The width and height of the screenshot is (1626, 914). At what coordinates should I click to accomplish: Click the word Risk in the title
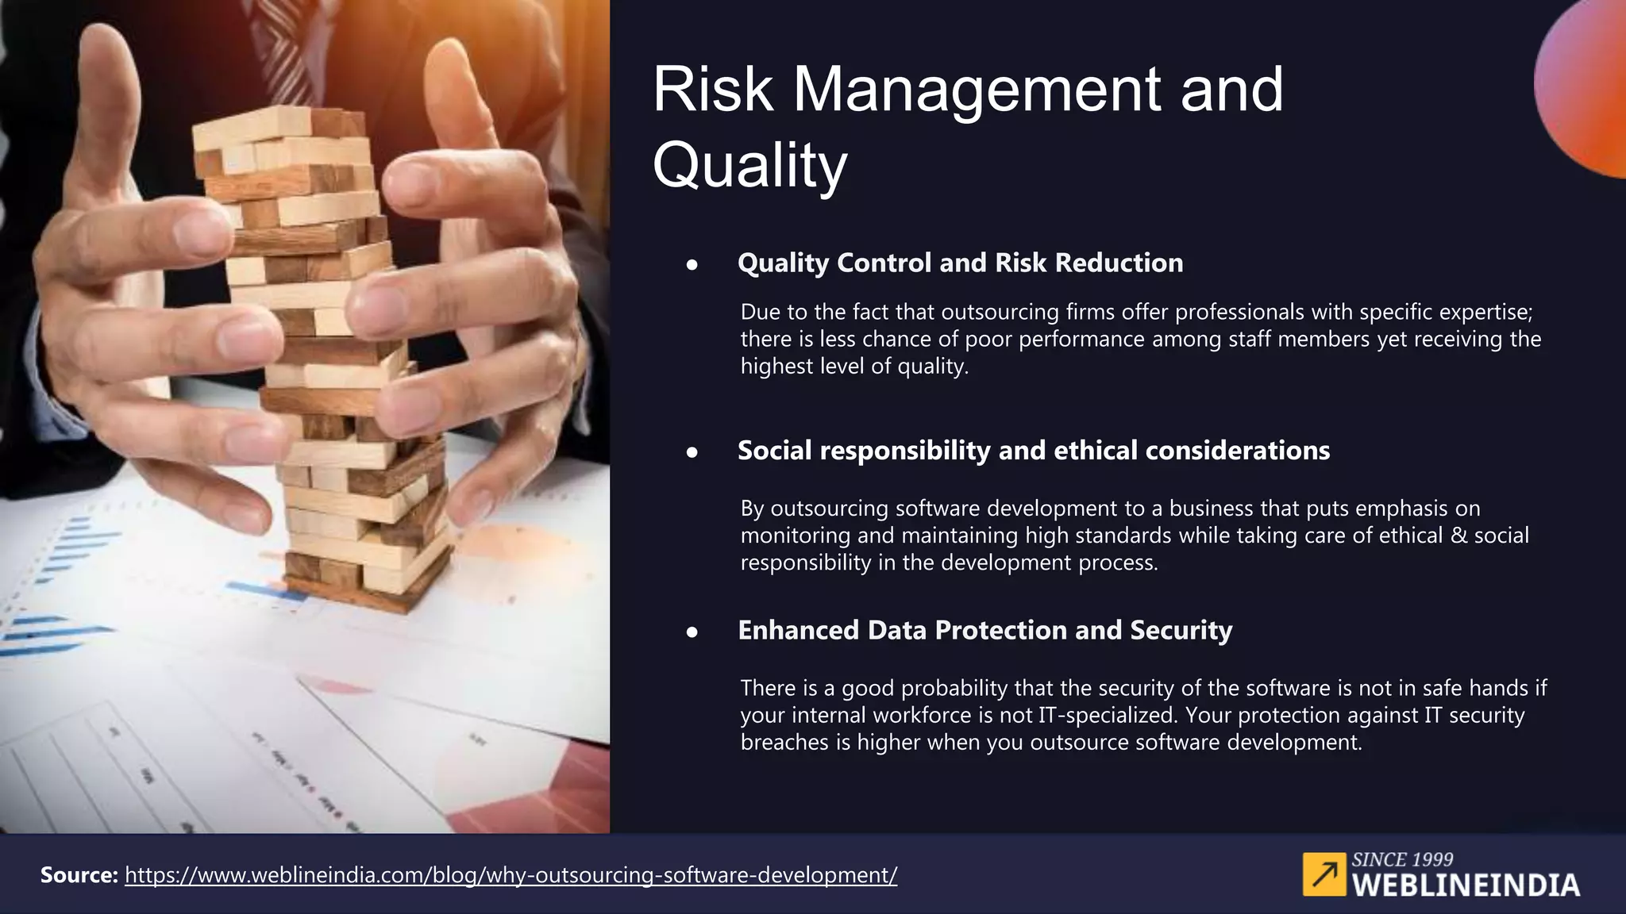712,89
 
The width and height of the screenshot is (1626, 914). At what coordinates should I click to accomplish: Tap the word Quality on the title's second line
749,165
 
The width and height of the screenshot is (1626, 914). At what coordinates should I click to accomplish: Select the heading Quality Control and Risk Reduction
960,263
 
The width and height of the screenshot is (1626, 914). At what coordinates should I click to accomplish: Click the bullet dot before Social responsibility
692,452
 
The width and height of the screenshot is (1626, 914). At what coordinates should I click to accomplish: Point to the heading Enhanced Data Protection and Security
984,630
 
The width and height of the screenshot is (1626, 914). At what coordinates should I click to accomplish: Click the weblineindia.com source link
511,875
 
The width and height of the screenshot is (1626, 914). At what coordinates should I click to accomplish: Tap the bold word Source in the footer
79,875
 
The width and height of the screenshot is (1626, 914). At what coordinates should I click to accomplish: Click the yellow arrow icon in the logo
1324,874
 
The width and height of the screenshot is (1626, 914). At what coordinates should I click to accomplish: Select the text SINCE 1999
1402,859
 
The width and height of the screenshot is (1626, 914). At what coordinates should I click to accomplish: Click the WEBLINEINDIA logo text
1466,885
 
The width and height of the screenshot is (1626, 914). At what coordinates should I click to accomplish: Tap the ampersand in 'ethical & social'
1458,536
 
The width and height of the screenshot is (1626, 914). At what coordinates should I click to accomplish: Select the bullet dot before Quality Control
692,265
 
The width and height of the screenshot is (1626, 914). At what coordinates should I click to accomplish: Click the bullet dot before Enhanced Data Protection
692,632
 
